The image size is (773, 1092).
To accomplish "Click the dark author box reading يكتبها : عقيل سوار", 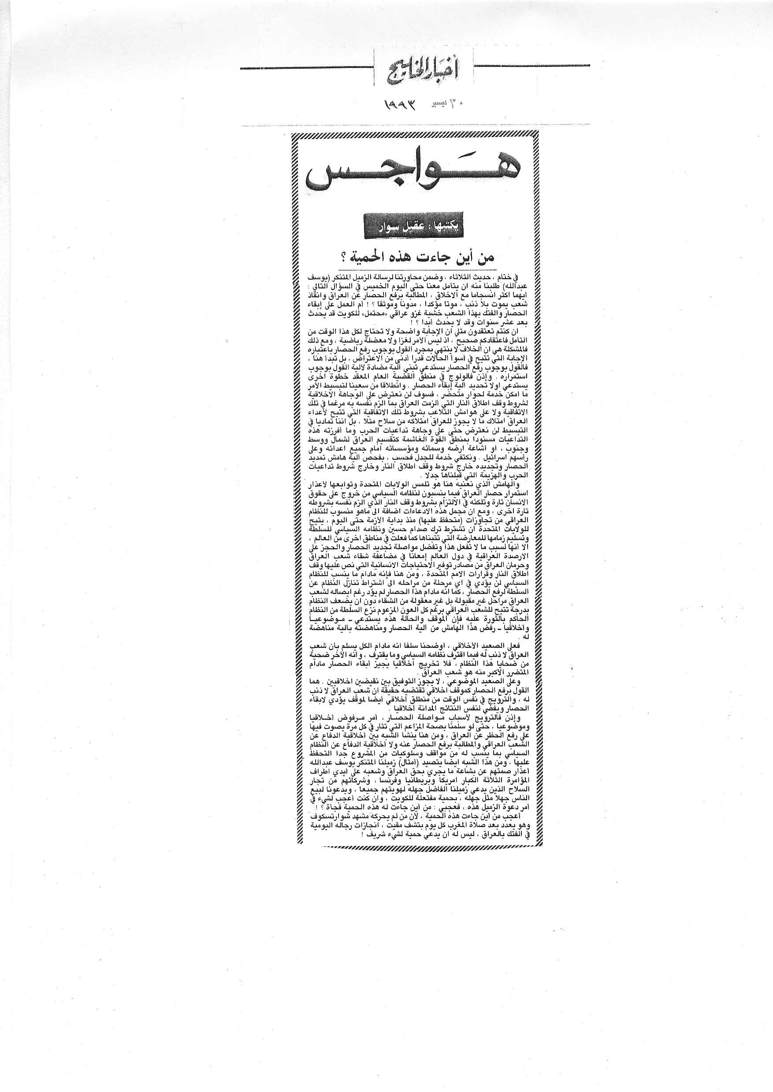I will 413,227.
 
